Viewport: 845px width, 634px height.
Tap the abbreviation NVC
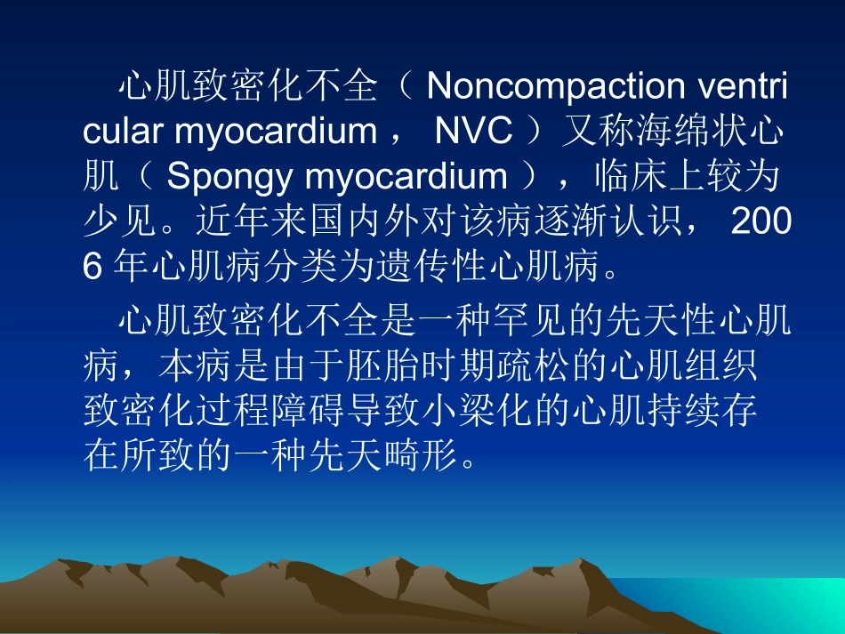(473, 131)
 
